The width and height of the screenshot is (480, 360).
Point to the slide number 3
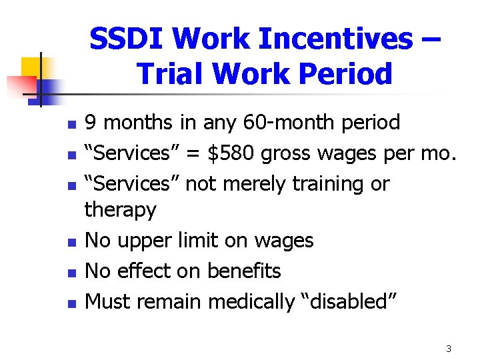449,349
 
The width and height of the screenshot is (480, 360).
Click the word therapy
121,211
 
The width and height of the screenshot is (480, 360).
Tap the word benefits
244,271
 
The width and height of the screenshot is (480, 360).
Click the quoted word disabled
351,301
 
